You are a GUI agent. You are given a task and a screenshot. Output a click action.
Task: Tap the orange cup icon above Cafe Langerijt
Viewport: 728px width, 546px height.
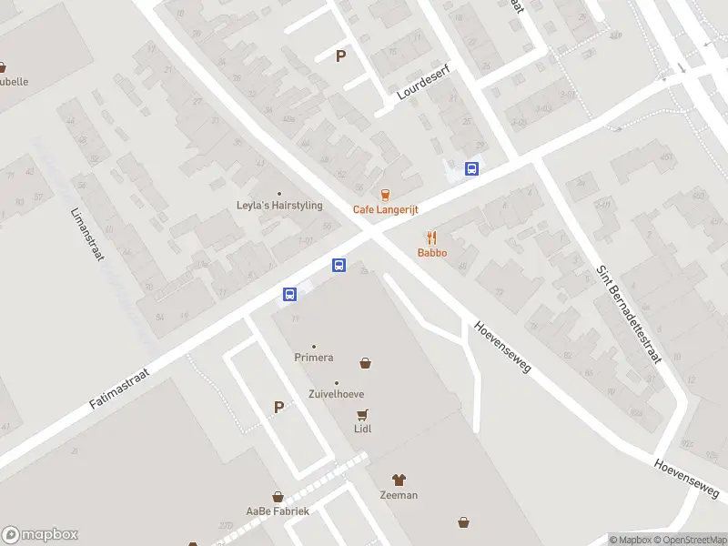385,194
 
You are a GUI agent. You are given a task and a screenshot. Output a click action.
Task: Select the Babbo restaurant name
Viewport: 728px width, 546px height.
432,252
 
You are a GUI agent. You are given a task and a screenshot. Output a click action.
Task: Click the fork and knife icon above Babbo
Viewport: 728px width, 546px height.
432,237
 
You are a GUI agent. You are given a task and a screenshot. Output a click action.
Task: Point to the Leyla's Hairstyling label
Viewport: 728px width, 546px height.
279,206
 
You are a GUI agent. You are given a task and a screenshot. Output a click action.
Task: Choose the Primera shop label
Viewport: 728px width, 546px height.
314,358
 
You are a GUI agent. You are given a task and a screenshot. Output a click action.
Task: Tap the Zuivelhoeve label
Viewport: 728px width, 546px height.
337,395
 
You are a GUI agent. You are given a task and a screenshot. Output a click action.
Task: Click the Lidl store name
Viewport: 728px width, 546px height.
363,429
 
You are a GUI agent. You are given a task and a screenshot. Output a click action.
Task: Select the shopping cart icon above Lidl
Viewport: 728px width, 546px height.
363,414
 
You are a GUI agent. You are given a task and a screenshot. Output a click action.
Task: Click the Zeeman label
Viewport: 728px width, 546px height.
399,495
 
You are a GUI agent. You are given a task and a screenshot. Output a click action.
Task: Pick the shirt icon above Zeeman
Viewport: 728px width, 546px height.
399,480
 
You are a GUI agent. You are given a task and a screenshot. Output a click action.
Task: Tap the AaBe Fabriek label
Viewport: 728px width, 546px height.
278,511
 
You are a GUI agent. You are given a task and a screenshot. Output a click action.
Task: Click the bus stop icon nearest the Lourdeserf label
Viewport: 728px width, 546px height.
471,168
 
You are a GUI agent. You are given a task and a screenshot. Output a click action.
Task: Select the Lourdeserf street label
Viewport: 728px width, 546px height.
424,82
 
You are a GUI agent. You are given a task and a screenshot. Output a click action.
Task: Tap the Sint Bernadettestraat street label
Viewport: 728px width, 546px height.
629,315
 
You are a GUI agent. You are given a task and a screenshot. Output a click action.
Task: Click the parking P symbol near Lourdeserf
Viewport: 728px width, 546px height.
341,56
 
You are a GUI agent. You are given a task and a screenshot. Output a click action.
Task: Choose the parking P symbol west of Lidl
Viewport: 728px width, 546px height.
279,408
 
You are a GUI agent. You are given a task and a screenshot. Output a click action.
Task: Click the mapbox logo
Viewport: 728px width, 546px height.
40,535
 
